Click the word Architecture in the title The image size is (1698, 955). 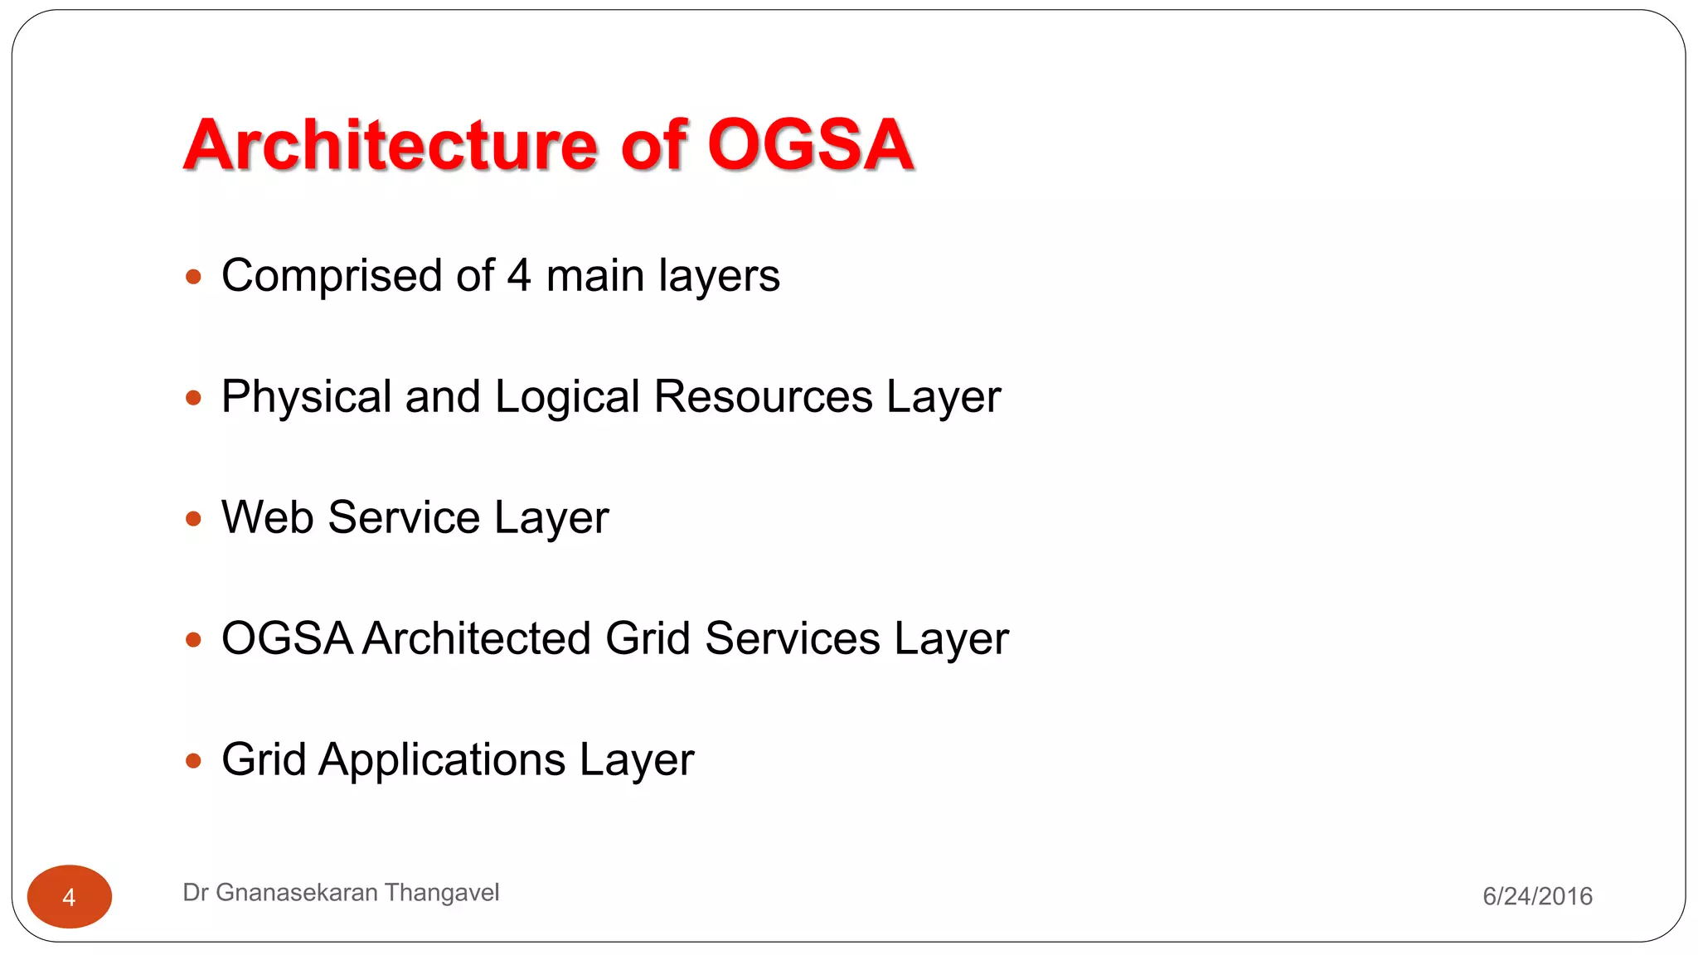pos(390,145)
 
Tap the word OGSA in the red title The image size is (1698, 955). pos(810,145)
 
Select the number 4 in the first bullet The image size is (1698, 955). pos(519,275)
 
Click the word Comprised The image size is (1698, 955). pos(331,277)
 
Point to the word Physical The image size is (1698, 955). pos(306,398)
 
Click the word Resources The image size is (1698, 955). pos(763,396)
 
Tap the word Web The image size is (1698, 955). pos(267,518)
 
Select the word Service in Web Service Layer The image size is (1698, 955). pos(404,518)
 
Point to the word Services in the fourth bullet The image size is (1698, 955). pos(793,639)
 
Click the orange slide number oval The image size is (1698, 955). pos(70,897)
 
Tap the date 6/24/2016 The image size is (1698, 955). pos(1537,896)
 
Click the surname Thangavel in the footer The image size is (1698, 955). pos(442,893)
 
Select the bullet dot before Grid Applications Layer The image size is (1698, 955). pos(194,761)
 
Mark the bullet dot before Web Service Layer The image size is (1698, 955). pos(194,520)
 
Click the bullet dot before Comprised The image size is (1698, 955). pos(194,277)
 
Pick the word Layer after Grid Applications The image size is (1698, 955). pos(636,761)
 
